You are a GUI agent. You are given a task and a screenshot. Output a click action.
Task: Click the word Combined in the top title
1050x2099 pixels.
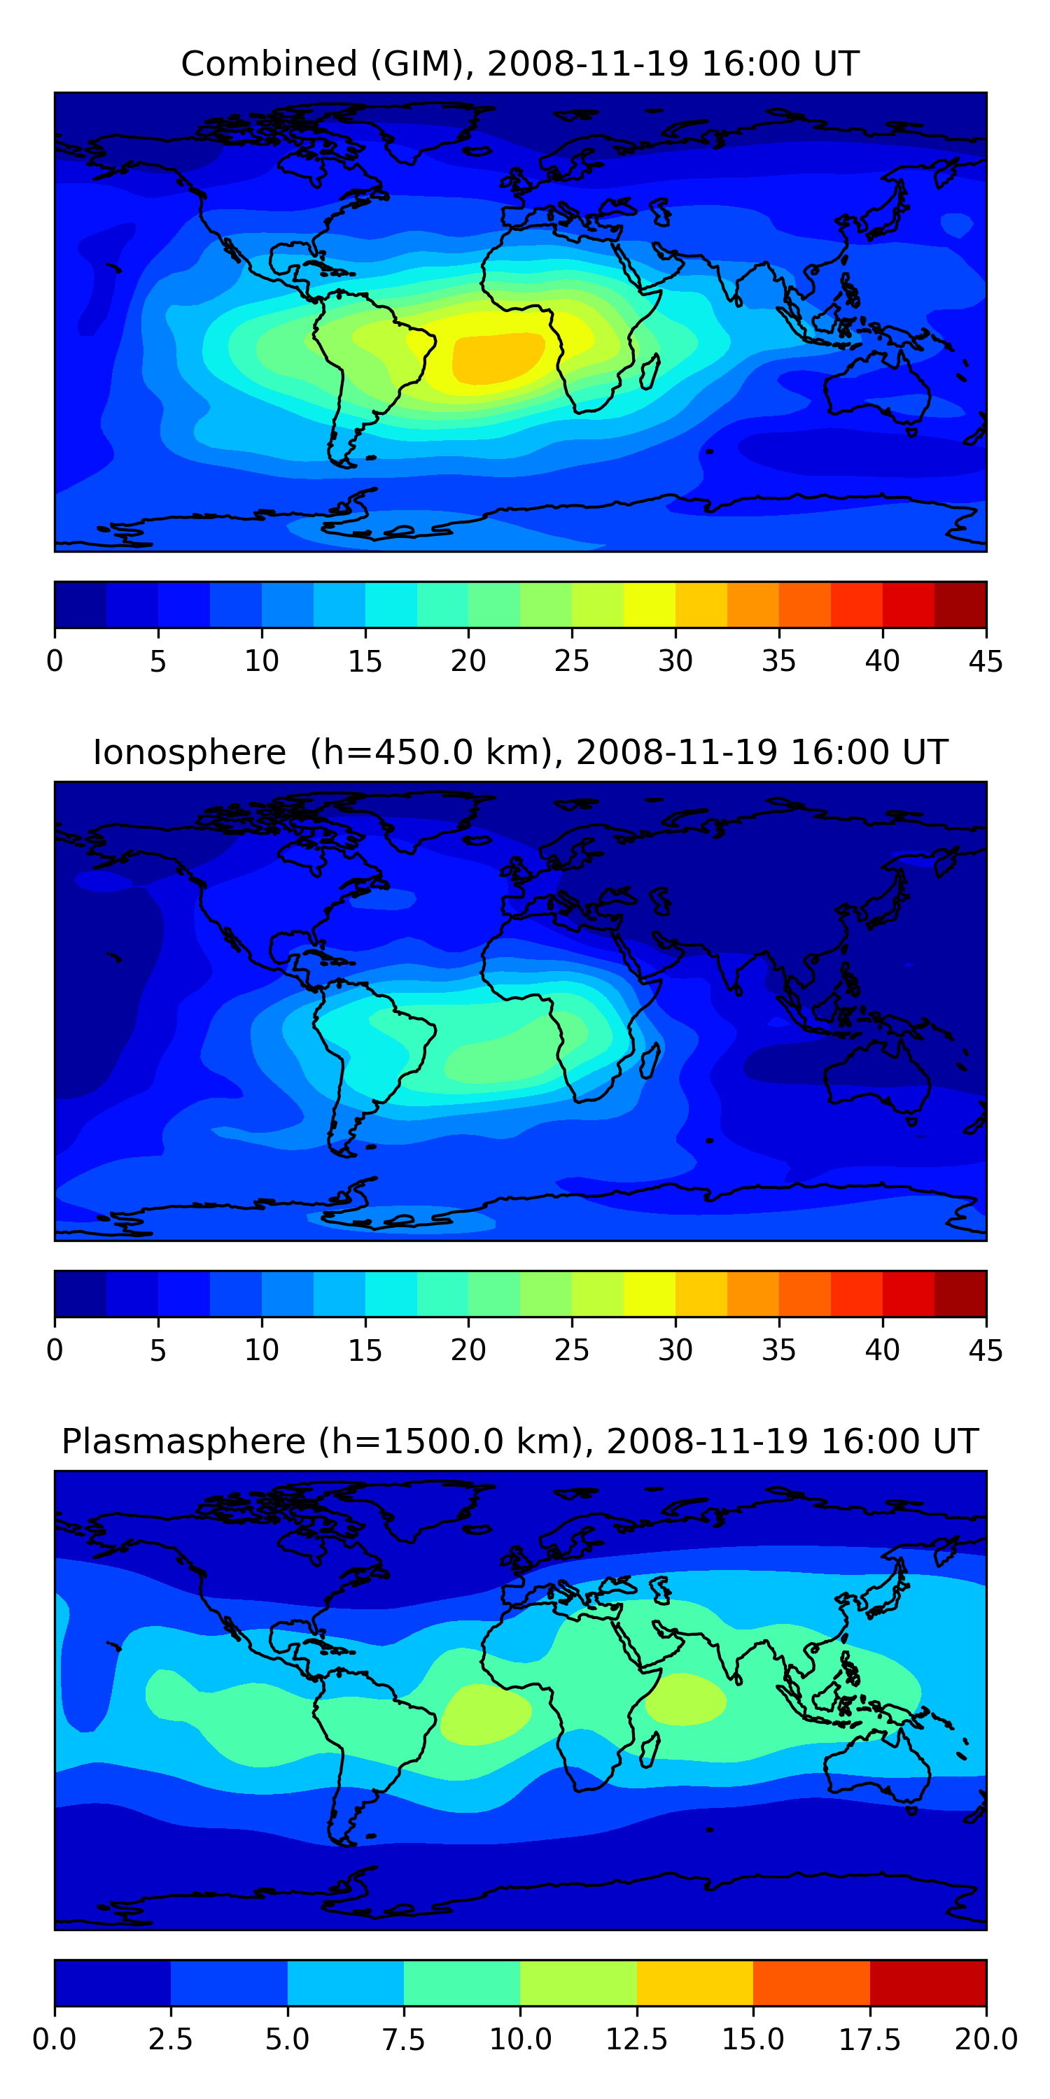click(269, 64)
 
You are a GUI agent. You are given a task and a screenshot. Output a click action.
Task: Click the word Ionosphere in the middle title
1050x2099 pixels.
click(189, 752)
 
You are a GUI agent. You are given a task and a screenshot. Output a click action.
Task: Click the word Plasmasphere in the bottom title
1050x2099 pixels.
click(183, 1442)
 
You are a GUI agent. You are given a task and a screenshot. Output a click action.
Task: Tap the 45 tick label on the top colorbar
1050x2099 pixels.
click(985, 660)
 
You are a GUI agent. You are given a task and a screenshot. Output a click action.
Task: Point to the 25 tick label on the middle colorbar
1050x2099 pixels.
click(571, 1350)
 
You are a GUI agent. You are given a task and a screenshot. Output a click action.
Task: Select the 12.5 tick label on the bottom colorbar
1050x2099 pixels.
click(636, 2040)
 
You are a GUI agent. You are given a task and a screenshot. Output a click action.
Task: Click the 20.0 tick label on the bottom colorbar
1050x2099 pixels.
click(986, 2040)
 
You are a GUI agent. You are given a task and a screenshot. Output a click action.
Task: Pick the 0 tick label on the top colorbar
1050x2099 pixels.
click(55, 660)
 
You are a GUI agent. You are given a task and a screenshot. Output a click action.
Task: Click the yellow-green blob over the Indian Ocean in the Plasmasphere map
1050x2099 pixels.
click(685, 1699)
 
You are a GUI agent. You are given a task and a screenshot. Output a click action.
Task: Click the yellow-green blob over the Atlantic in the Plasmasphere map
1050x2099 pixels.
click(486, 1714)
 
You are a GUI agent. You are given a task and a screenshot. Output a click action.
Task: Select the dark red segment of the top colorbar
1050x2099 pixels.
click(960, 605)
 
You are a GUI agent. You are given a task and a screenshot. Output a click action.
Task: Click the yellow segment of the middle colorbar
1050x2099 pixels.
click(649, 1294)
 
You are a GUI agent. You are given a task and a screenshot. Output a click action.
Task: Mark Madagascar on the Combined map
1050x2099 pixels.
click(650, 372)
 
